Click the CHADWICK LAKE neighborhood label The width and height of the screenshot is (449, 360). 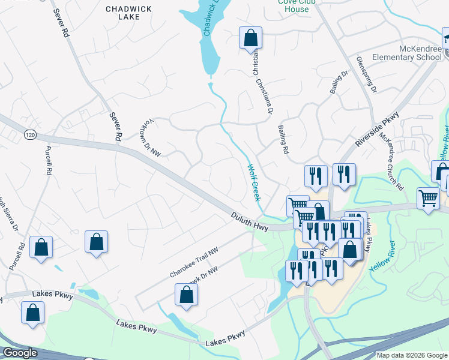pyautogui.click(x=122, y=13)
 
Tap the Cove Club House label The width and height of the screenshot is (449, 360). pyautogui.click(x=293, y=6)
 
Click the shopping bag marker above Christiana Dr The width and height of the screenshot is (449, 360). pyautogui.click(x=250, y=38)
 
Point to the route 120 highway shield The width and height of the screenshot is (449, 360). pyautogui.click(x=30, y=134)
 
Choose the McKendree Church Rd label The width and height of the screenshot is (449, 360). pyautogui.click(x=391, y=158)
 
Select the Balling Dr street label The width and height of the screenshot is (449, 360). pyautogui.click(x=339, y=83)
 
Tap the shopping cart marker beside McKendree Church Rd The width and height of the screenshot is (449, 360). pyautogui.click(x=428, y=198)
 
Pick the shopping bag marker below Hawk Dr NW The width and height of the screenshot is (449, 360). pyautogui.click(x=186, y=295)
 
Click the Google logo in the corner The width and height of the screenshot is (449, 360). pyautogui.click(x=20, y=353)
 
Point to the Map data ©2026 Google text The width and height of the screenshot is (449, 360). pyautogui.click(x=412, y=355)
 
